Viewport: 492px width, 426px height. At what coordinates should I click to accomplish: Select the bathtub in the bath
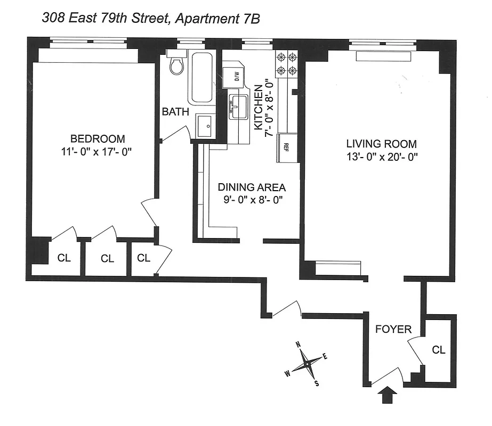pyautogui.click(x=201, y=78)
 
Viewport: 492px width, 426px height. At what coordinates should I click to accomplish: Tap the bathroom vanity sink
pyautogui.click(x=206, y=126)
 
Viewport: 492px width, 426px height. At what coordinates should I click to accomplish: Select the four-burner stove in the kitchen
pyautogui.click(x=286, y=63)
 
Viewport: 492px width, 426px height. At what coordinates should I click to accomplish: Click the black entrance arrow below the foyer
pyautogui.click(x=389, y=396)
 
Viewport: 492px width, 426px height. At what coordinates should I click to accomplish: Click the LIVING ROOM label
pyautogui.click(x=381, y=144)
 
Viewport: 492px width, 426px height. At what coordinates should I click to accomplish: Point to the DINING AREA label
pyautogui.click(x=252, y=187)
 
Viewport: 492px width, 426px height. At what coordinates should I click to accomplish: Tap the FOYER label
pyautogui.click(x=393, y=329)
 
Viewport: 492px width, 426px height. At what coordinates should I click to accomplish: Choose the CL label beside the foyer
pyautogui.click(x=438, y=350)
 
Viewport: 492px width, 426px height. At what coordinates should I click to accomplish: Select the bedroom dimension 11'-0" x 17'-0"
pyautogui.click(x=95, y=151)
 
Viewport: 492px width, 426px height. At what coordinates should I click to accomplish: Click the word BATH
pyautogui.click(x=175, y=112)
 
